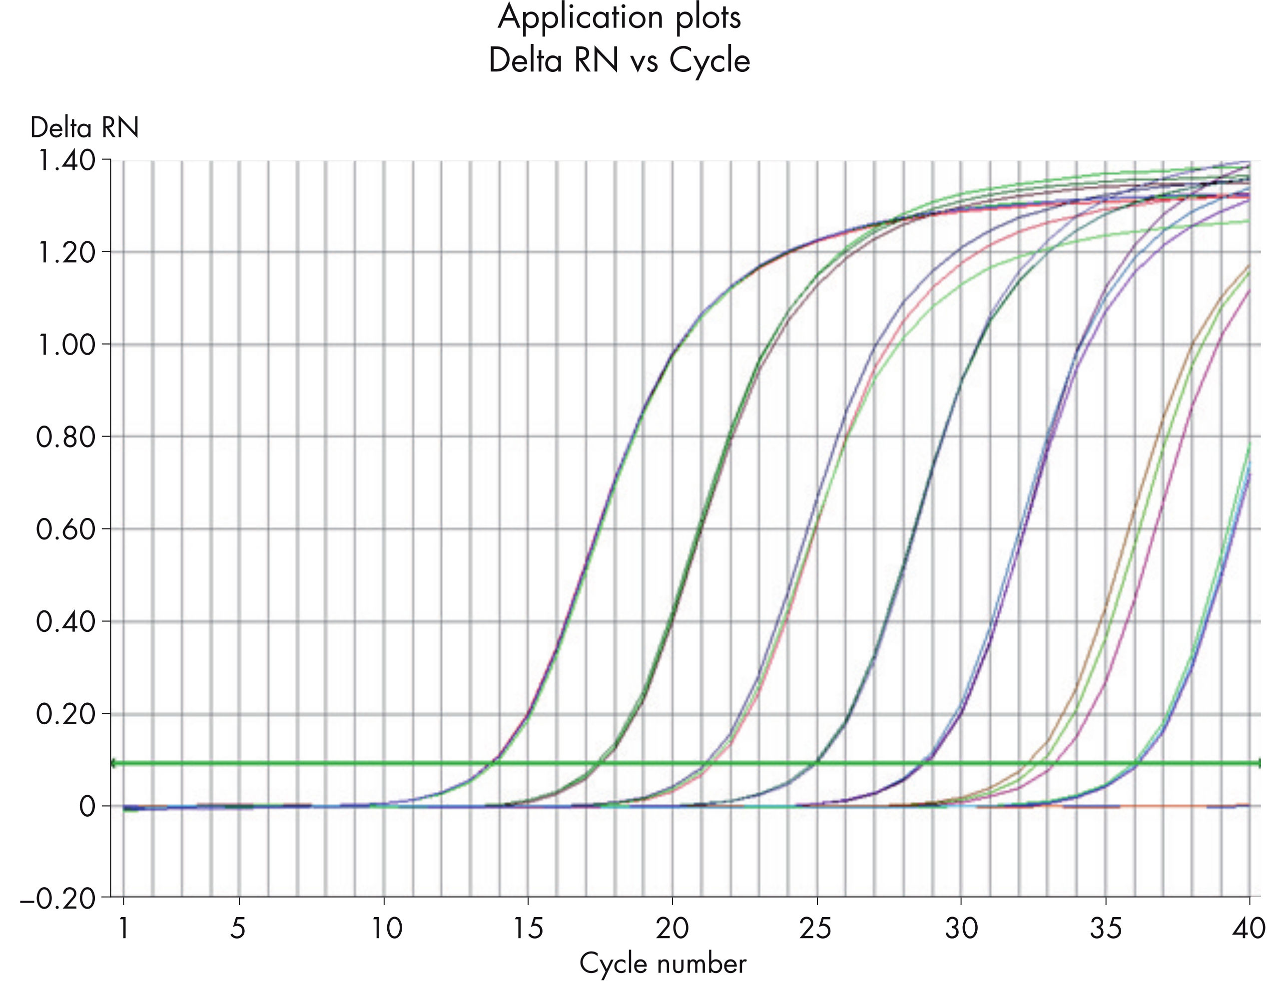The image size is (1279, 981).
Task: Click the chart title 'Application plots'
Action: tap(619, 17)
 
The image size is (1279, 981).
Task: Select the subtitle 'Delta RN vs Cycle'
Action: tap(619, 60)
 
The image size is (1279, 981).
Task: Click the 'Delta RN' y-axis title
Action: tap(84, 127)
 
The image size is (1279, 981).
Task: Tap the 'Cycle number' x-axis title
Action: tap(662, 963)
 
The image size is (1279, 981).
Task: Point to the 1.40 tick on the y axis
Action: tap(65, 160)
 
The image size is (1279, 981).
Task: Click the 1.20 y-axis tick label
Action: tap(65, 252)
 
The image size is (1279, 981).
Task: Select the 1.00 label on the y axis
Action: tap(65, 345)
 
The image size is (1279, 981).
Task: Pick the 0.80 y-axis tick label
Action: tap(65, 437)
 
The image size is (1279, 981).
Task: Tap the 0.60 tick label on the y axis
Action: tap(65, 529)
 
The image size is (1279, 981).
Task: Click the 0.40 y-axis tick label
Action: tap(65, 621)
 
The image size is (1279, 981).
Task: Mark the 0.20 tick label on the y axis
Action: tap(65, 714)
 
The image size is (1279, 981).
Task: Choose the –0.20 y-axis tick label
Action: tap(57, 898)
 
